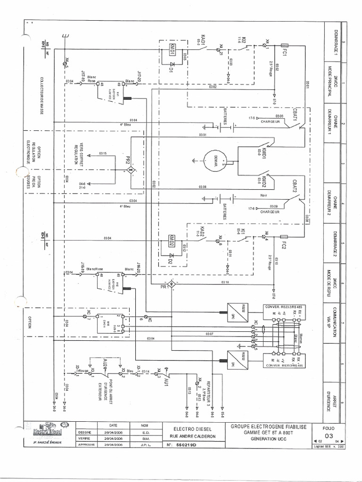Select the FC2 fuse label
(284, 245)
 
